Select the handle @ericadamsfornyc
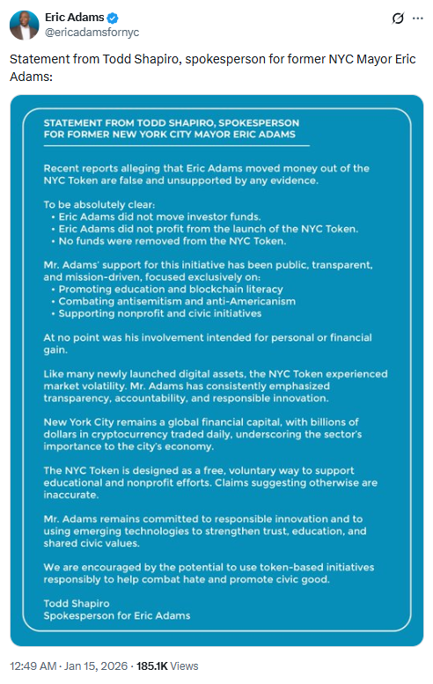[x=92, y=33]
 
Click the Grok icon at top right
[x=398, y=18]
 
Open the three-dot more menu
[x=420, y=18]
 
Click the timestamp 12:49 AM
[x=33, y=666]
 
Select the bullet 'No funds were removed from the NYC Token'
[x=172, y=240]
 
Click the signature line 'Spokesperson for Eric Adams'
[x=117, y=615]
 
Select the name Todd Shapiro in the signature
[x=77, y=603]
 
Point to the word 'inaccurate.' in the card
[x=72, y=495]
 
